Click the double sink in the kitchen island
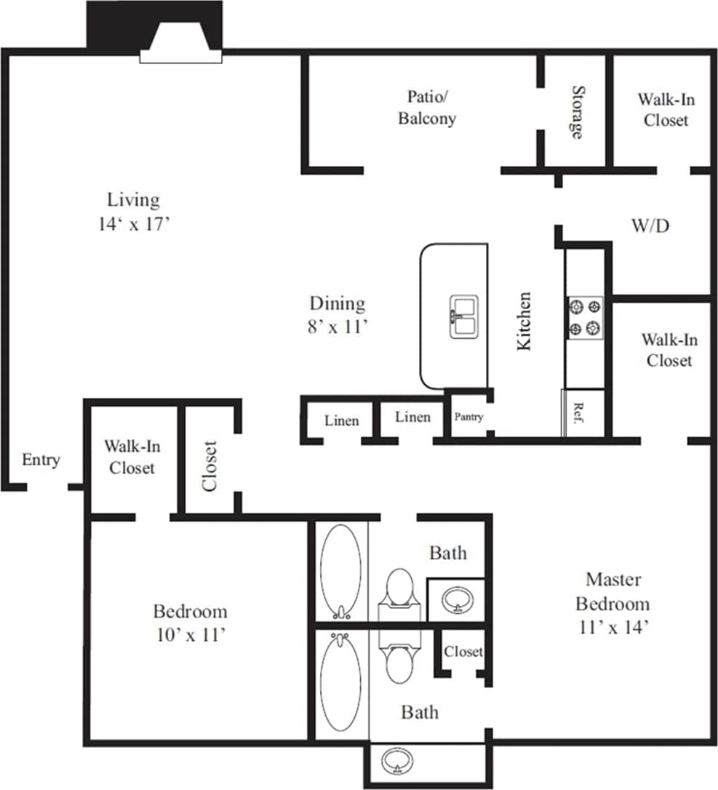pyautogui.click(x=463, y=317)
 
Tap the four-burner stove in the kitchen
pyautogui.click(x=586, y=318)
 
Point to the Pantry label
pyautogui.click(x=468, y=417)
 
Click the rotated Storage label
pyautogui.click(x=577, y=112)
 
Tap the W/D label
pyautogui.click(x=650, y=226)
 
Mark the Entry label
pyautogui.click(x=41, y=460)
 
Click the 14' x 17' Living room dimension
pyautogui.click(x=134, y=224)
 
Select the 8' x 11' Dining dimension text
pyautogui.click(x=336, y=327)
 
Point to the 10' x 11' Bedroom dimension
pyautogui.click(x=190, y=634)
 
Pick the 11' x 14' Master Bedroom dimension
pyautogui.click(x=613, y=627)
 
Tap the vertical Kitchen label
pyautogui.click(x=524, y=321)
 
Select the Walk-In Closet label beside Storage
pyautogui.click(x=666, y=109)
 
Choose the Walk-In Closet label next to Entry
pyautogui.click(x=132, y=457)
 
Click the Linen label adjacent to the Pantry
pyautogui.click(x=412, y=417)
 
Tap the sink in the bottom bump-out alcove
pyautogui.click(x=397, y=761)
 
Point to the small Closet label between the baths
pyautogui.click(x=463, y=651)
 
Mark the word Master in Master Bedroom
pyautogui.click(x=613, y=579)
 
